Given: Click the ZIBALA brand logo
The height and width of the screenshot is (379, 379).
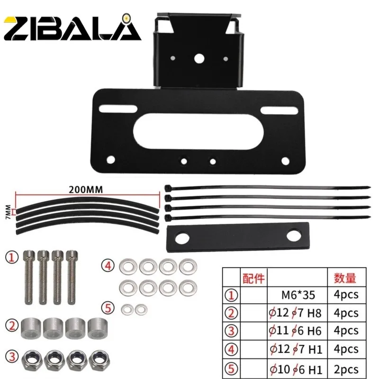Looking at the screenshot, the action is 72,27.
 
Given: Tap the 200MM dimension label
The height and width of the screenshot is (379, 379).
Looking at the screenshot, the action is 86,190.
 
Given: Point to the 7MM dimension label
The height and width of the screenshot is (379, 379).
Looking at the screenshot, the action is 8,212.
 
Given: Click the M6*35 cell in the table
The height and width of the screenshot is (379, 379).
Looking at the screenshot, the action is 298,295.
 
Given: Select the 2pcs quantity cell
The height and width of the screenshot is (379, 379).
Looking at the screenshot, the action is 346,369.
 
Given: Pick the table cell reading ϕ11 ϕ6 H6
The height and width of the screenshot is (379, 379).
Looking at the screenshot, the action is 295,331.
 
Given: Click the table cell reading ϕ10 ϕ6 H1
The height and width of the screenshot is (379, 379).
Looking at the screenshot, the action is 296,370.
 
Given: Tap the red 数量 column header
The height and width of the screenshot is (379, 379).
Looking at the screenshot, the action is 345,278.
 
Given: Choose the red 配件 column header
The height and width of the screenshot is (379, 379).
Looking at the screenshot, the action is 253,279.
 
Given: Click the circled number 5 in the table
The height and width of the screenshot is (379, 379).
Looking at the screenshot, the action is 231,369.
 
